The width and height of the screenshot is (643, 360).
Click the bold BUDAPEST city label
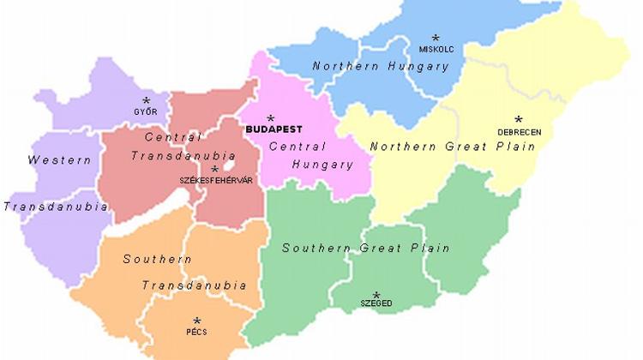coord(273,130)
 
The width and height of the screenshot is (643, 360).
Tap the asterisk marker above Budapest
coord(271,119)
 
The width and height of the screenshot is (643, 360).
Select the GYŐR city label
coord(145,112)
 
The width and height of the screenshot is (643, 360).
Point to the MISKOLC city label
coord(436,49)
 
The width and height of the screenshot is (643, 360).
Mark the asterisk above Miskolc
coord(436,38)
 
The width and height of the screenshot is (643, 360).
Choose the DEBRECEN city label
coord(519,132)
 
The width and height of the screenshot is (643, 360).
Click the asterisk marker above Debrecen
coord(518,120)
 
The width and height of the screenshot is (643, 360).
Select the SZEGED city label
coord(376,304)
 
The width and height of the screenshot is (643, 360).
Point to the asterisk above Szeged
coord(376,295)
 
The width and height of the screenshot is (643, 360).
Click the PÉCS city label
coord(196,332)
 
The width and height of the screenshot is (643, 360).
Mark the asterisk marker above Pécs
coord(196,321)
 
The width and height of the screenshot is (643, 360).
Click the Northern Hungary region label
coord(370,66)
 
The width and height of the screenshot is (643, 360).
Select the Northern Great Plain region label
coord(453,147)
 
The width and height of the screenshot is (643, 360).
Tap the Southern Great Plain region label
coord(366,249)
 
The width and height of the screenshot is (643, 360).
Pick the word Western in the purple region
coord(59,160)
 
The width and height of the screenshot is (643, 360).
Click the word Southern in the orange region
coord(157,259)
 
